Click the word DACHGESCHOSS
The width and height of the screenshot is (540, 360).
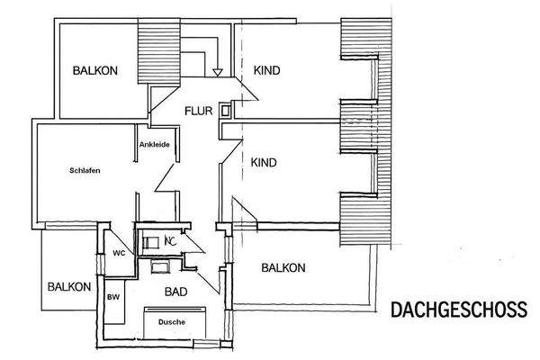click(x=459, y=310)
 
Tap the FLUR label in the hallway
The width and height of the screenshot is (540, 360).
click(x=199, y=112)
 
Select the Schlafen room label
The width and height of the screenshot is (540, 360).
click(x=84, y=170)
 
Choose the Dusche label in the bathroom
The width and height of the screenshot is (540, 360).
click(x=171, y=321)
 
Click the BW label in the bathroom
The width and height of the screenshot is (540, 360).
click(x=113, y=296)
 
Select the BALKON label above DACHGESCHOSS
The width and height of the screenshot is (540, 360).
click(x=283, y=267)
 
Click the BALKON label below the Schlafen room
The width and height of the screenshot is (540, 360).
click(x=69, y=287)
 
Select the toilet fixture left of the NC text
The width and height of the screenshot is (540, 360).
click(x=150, y=241)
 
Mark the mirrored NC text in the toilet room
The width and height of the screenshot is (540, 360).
click(x=171, y=241)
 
